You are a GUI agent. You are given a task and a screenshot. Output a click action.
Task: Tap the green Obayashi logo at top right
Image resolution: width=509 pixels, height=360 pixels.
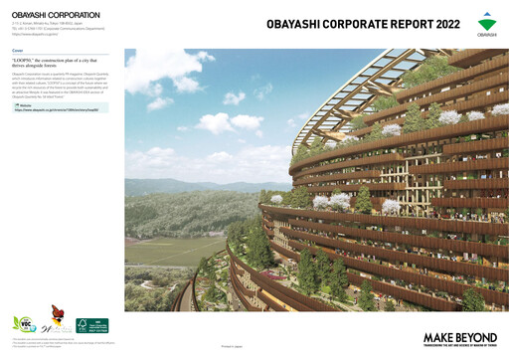tap(487, 24)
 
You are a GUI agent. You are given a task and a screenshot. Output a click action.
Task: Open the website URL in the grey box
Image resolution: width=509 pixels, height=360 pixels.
tap(57, 109)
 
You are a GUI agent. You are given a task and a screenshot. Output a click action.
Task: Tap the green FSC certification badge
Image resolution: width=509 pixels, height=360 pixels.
tap(91, 325)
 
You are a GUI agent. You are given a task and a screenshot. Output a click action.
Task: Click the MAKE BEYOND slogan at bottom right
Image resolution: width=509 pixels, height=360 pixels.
tap(459, 338)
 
